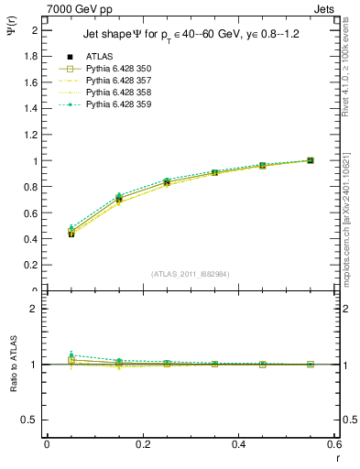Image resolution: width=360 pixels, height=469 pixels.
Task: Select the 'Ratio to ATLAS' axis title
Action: [12, 365]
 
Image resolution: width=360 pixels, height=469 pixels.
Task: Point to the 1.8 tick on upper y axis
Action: [34, 56]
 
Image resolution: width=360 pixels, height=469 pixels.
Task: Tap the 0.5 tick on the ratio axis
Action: [32, 420]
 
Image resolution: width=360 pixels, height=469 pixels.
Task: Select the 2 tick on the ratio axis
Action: [36, 310]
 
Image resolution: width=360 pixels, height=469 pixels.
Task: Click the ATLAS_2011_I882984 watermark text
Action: [191, 273]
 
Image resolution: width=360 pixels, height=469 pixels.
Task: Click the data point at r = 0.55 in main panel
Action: [311, 160]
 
